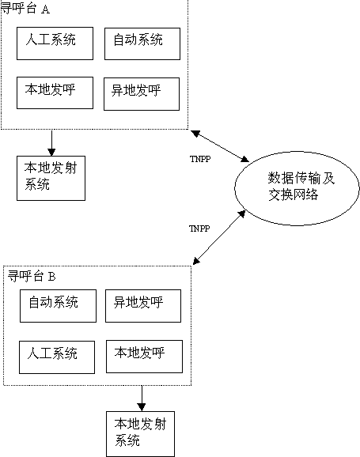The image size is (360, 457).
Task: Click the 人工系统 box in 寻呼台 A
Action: (x=55, y=43)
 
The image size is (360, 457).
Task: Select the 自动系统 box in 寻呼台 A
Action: (x=142, y=43)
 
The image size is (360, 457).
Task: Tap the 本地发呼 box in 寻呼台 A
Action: (x=55, y=93)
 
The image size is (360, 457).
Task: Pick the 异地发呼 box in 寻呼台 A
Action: (x=142, y=94)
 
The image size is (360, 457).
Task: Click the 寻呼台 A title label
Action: (x=25, y=9)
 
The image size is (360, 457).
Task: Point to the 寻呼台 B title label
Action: (x=32, y=276)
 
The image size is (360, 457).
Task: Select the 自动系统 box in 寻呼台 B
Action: (x=58, y=306)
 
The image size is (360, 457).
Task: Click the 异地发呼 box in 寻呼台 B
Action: (x=143, y=306)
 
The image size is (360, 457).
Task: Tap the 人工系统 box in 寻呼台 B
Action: (x=57, y=357)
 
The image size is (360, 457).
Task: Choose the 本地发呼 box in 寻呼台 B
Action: (x=144, y=357)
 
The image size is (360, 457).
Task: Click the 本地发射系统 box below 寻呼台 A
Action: (x=51, y=178)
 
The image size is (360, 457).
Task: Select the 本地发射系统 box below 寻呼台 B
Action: (x=140, y=434)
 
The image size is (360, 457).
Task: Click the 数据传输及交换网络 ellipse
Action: (x=297, y=188)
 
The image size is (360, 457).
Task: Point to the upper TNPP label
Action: (x=200, y=159)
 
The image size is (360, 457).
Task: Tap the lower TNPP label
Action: (x=199, y=228)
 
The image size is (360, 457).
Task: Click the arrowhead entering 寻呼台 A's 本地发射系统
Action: (x=51, y=153)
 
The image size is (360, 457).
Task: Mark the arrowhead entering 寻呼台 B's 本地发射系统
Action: (x=142, y=407)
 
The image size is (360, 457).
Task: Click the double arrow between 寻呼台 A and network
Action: (x=220, y=146)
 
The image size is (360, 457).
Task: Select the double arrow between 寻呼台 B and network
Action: (x=219, y=237)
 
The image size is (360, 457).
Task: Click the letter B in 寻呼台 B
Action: (x=51, y=276)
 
